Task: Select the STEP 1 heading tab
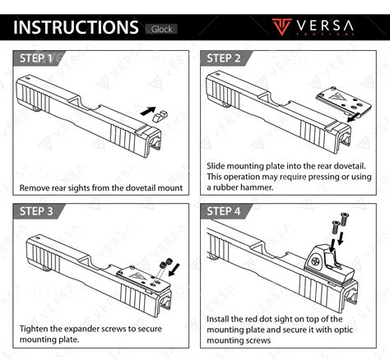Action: tap(39, 59)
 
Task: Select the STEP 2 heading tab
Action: tap(224, 58)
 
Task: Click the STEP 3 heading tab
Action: tap(39, 211)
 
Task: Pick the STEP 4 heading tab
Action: tap(224, 211)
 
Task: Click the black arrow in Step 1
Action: tap(146, 108)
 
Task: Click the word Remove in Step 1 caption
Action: tap(38, 188)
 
